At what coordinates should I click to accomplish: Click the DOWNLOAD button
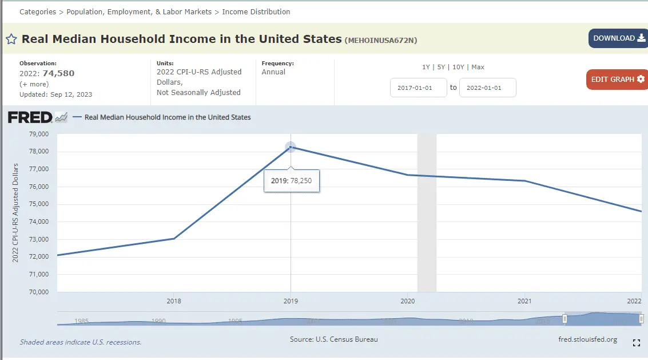point(618,38)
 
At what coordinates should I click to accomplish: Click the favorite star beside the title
point(11,39)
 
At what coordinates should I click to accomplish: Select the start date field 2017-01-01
point(418,88)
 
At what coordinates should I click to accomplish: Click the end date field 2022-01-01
point(487,88)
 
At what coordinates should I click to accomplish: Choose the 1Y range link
point(426,67)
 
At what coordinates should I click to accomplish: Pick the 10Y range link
point(458,67)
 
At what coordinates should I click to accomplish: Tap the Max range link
point(478,67)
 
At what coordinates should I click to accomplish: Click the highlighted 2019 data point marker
point(291,147)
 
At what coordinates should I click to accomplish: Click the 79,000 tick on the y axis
point(39,134)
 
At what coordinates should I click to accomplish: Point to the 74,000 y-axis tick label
point(39,221)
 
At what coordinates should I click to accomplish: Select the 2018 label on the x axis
point(174,301)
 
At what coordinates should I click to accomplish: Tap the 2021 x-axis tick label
point(524,301)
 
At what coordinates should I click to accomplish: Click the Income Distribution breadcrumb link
point(256,11)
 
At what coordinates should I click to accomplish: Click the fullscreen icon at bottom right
point(637,343)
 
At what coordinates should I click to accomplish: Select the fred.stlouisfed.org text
point(587,339)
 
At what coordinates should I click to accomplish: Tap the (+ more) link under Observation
point(34,84)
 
